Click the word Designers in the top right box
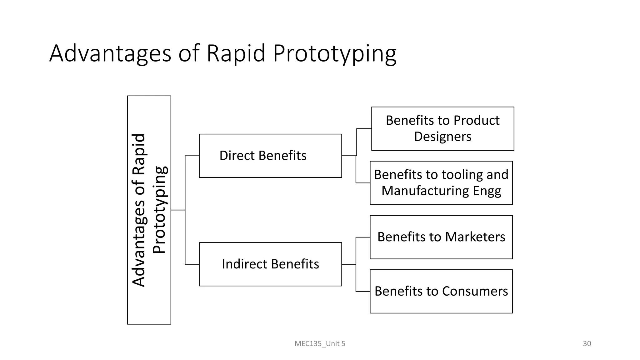pos(442,137)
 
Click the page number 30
pos(587,344)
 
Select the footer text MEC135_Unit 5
pos(320,344)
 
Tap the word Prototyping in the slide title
pos(335,54)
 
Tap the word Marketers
pos(475,237)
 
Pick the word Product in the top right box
pos(476,120)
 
